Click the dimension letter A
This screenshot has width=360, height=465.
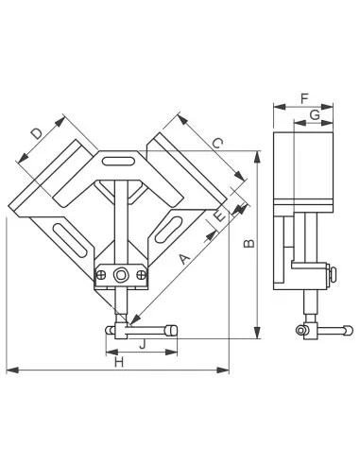[x=185, y=259]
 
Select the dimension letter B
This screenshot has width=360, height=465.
[x=249, y=244]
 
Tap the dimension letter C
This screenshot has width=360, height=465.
[x=217, y=144]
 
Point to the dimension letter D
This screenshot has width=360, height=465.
[x=37, y=133]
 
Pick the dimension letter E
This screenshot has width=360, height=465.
[x=219, y=216]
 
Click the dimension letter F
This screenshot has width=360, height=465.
[x=304, y=98]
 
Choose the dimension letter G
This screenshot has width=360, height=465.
[x=315, y=115]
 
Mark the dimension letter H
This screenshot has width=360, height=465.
[x=119, y=362]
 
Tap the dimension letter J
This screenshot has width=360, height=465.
[x=143, y=344]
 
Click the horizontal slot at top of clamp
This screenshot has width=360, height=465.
[x=118, y=161]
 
